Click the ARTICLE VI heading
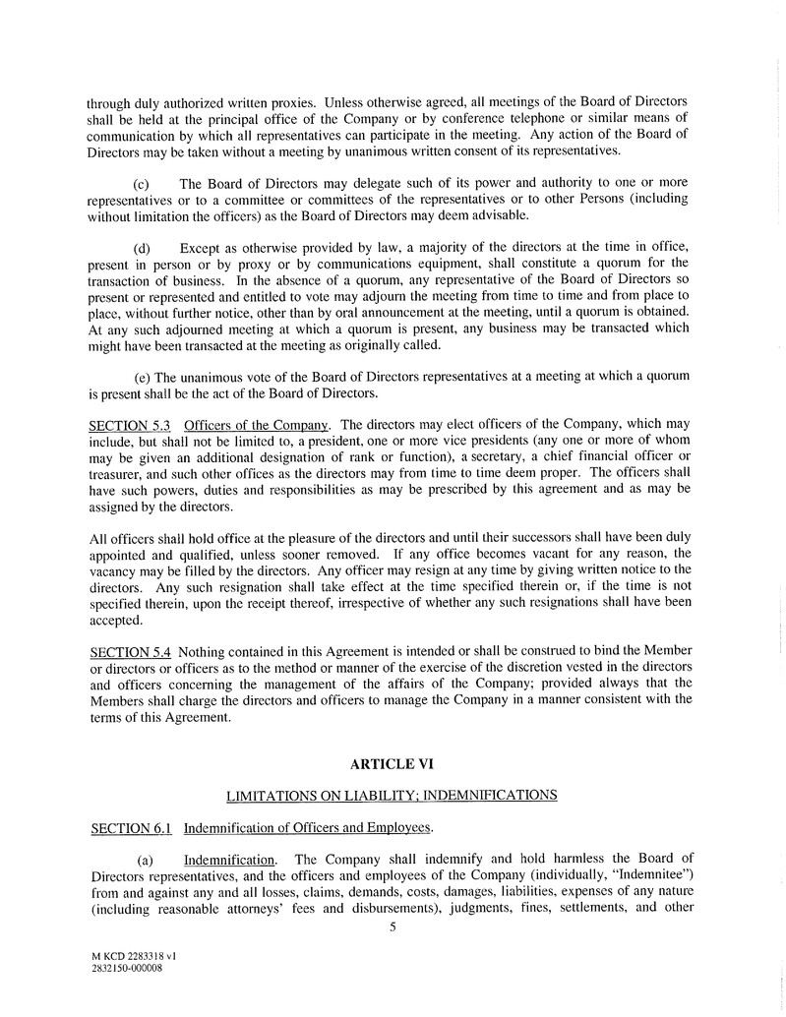(x=392, y=762)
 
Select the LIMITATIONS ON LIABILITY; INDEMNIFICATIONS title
(x=392, y=794)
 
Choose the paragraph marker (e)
(x=142, y=376)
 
